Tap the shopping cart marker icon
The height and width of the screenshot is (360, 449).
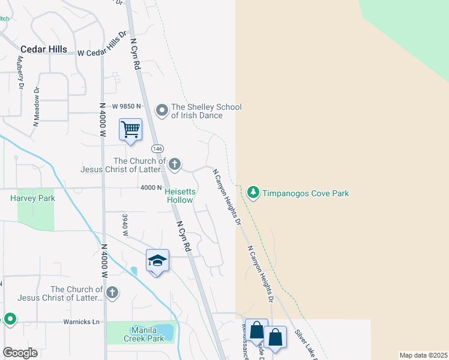[x=131, y=129]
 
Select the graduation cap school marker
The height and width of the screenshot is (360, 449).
[x=157, y=260]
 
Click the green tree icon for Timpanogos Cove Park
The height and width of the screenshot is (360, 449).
[x=253, y=193]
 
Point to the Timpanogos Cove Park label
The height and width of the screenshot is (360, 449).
[x=306, y=193]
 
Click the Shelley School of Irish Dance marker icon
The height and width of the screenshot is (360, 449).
[x=161, y=110]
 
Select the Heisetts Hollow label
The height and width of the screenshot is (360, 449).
[x=180, y=196]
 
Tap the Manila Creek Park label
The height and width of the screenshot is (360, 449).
[x=130, y=334]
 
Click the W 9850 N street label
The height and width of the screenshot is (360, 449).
[x=125, y=106]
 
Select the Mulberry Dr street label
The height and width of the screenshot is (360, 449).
[x=21, y=73]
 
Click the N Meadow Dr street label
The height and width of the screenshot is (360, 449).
[x=36, y=106]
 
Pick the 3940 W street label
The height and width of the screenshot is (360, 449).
[x=124, y=226]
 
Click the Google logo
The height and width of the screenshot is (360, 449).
[x=20, y=353]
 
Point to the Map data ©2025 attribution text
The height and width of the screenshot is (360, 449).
[x=423, y=355]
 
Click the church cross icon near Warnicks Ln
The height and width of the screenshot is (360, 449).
[x=112, y=292]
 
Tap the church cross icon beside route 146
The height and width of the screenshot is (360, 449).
[x=174, y=164]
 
